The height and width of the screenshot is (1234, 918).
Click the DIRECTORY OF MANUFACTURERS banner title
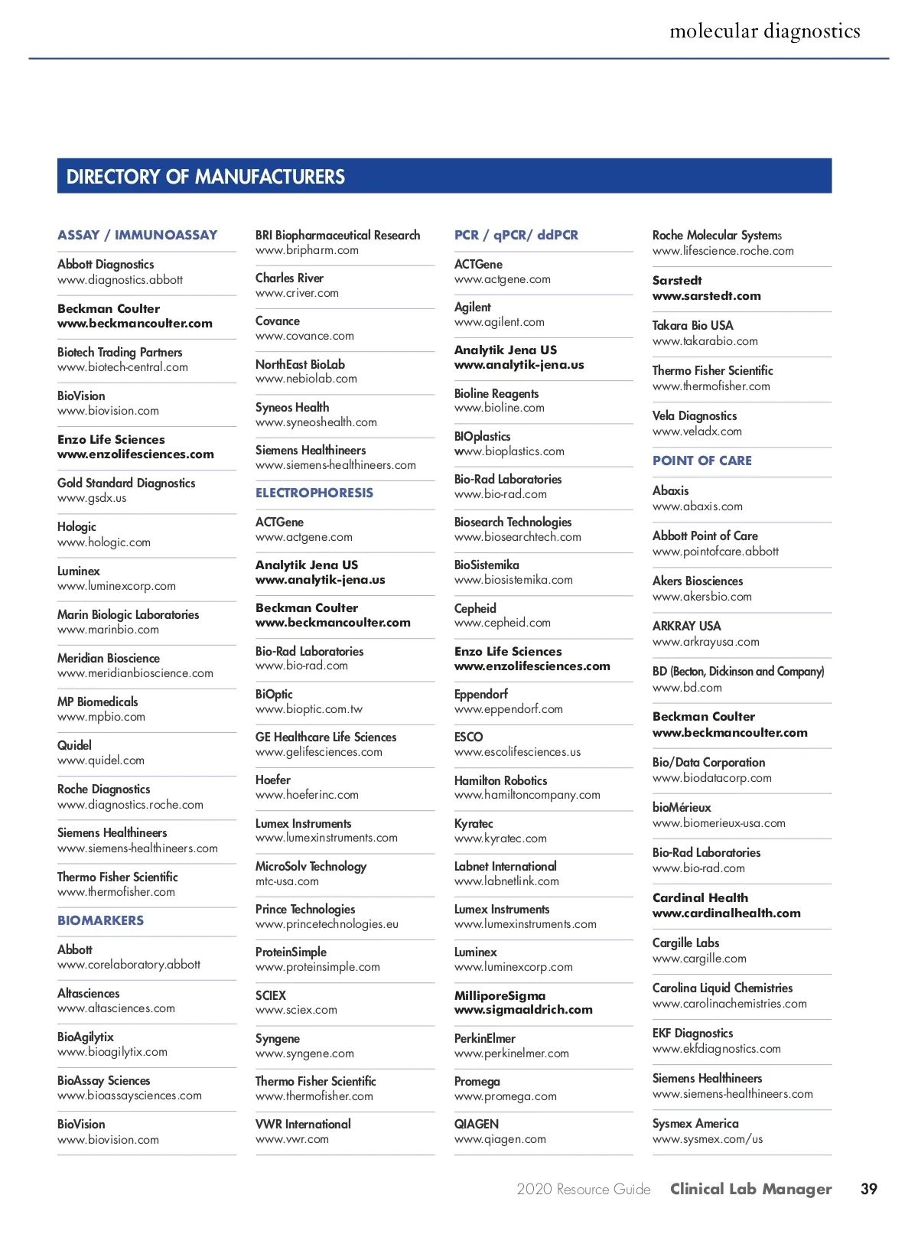205,177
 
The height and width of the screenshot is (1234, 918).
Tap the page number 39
868,1189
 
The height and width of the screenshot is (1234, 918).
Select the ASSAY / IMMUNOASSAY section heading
137,235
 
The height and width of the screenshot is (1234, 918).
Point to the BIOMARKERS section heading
100,920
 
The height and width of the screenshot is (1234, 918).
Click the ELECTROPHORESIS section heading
314,493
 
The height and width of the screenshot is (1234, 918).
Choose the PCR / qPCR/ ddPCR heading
516,235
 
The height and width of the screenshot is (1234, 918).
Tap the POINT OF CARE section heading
702,461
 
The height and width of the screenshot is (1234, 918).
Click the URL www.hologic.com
104,542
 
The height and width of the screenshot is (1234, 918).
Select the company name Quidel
74,745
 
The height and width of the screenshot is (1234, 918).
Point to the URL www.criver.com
297,293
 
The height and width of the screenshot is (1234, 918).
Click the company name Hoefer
273,780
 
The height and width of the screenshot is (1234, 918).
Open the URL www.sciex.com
296,1010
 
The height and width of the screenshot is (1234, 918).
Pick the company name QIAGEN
477,1124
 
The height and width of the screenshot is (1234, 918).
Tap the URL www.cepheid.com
503,623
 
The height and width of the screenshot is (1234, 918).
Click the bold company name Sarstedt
677,280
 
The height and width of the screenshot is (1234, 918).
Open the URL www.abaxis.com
698,506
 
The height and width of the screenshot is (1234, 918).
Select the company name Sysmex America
695,1123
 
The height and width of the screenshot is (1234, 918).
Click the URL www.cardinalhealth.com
727,913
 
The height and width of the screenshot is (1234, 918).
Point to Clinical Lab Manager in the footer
751,1189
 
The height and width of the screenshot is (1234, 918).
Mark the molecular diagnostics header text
765,31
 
